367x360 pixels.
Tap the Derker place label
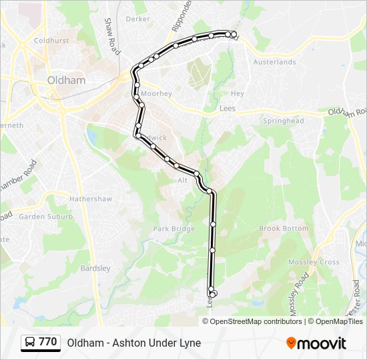[x=137, y=19]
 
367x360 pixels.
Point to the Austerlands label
[x=274, y=62]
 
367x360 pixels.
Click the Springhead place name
[x=283, y=121]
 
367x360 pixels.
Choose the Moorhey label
[x=156, y=94]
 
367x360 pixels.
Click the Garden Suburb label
[x=41, y=217]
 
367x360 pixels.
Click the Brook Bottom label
[x=284, y=228]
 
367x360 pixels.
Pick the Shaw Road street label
[x=111, y=36]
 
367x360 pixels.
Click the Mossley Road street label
[x=298, y=293]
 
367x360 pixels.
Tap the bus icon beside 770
[x=30, y=343]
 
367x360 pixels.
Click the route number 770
[x=47, y=342]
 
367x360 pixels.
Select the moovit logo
[x=316, y=343]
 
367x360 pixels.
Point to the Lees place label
[x=228, y=108]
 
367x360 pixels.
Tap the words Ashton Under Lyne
[x=160, y=343]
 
